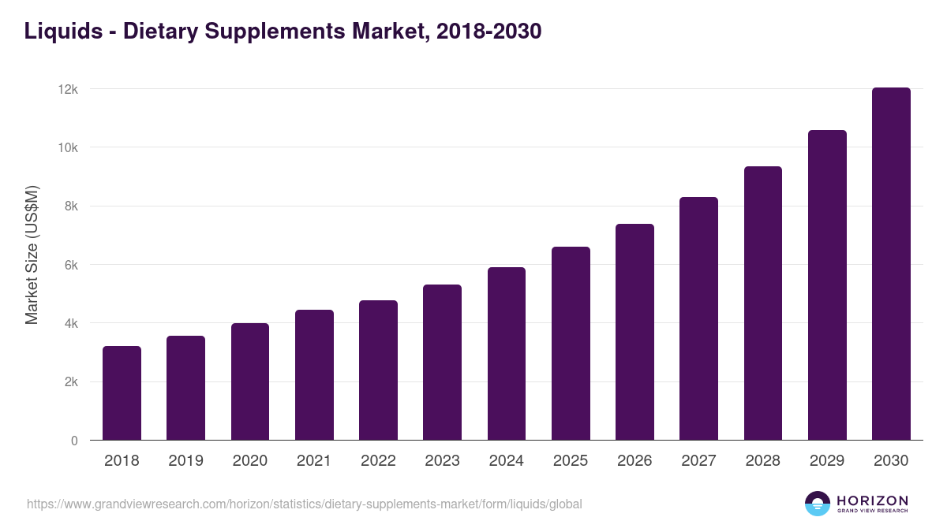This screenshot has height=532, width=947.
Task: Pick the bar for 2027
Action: [x=698, y=318]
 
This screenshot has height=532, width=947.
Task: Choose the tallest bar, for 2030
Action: [x=891, y=264]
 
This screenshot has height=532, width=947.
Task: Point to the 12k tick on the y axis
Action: [x=68, y=89]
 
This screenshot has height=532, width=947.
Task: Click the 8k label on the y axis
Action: [x=71, y=206]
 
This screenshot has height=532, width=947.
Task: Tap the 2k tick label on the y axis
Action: [x=71, y=382]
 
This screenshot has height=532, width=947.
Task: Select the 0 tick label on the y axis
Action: [x=74, y=441]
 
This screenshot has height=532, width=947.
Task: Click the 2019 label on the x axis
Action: [x=185, y=461]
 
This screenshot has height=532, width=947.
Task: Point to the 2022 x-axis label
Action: [x=378, y=461]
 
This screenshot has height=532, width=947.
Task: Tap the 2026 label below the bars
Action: [x=634, y=461]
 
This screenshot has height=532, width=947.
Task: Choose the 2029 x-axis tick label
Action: [x=827, y=461]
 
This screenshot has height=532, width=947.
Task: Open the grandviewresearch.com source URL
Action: [x=305, y=504]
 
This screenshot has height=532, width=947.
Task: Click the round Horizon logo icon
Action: [x=818, y=504]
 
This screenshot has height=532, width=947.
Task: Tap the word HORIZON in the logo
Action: [x=872, y=500]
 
